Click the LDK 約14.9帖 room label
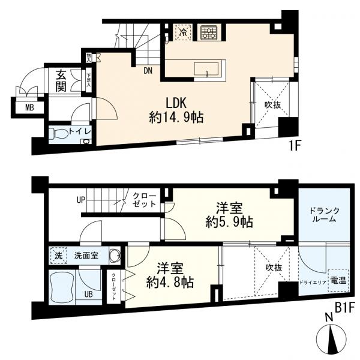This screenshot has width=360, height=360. (x=175, y=110)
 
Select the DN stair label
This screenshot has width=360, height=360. (x=148, y=71)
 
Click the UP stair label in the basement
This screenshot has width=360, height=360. (x=80, y=200)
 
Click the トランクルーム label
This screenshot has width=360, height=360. (x=324, y=214)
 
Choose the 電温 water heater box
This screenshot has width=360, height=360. (x=337, y=280)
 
